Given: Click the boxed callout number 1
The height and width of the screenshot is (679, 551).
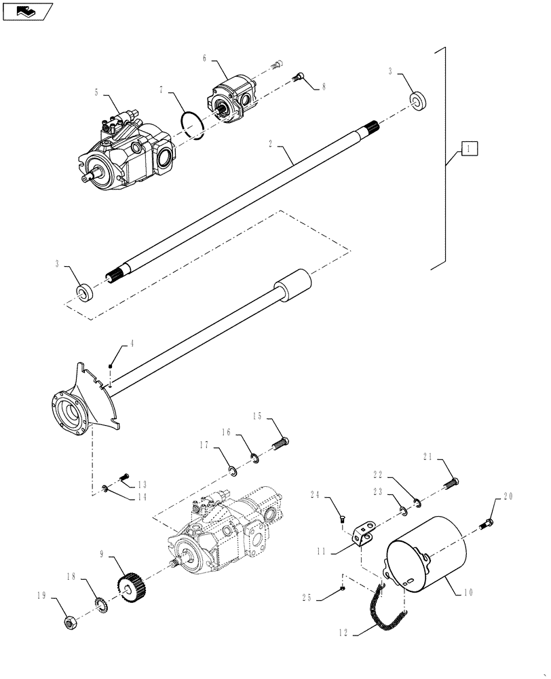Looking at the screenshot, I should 470,147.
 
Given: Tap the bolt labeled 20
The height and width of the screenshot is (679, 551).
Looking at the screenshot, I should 488,524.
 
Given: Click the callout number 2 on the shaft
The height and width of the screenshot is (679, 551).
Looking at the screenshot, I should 270,145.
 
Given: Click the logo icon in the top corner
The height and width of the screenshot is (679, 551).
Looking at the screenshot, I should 26,10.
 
